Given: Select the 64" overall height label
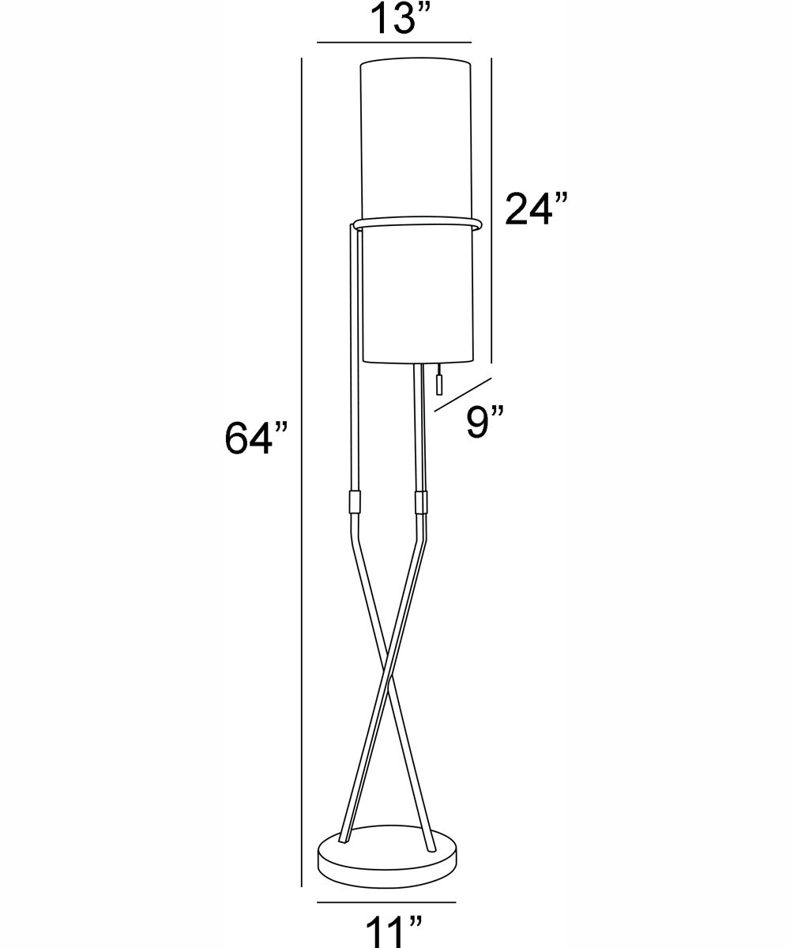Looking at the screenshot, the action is point(256,438).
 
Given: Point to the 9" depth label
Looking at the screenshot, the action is point(485,422).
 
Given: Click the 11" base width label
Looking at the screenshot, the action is point(394,931).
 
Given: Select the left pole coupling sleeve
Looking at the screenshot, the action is point(355,502).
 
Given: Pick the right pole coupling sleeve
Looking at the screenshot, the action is point(421,502).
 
